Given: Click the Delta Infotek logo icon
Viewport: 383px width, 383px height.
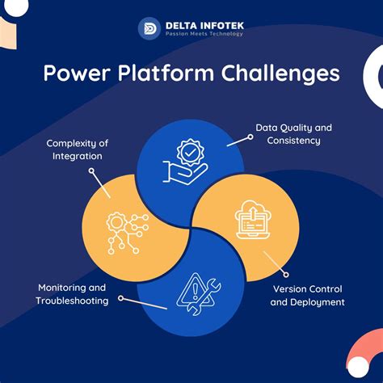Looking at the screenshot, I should (149, 27).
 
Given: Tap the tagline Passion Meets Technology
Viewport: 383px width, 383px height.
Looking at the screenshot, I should (204, 34).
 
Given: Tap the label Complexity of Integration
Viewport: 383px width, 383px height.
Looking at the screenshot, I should (77, 149).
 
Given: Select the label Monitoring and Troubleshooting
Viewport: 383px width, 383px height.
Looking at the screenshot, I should (71, 293).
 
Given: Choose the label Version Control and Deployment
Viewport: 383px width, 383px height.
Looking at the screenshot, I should (307, 296).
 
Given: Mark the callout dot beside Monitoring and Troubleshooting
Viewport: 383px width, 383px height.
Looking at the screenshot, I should (120, 298).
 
